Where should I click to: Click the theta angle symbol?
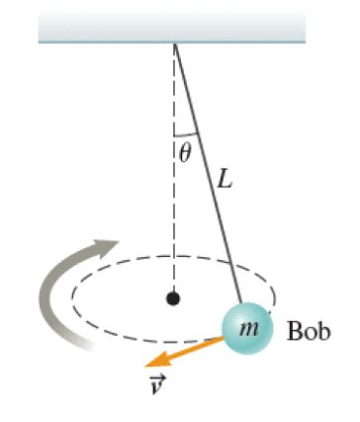(x=184, y=151)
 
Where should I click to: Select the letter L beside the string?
(x=225, y=183)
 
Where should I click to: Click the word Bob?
(x=306, y=330)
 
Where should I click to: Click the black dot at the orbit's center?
(x=173, y=296)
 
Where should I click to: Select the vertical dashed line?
(x=175, y=217)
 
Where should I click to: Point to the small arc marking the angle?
(x=186, y=133)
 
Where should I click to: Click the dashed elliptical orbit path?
(x=119, y=267)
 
